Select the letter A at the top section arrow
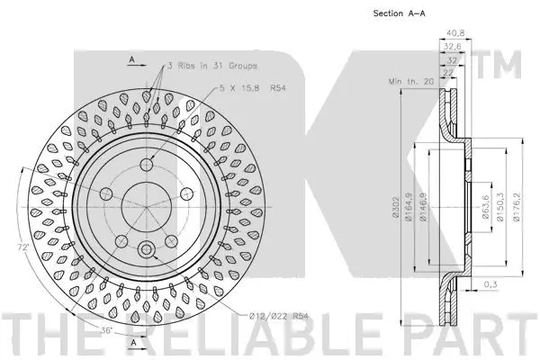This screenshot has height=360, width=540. click(x=131, y=59)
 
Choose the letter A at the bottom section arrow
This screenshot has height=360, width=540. click(x=132, y=344)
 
